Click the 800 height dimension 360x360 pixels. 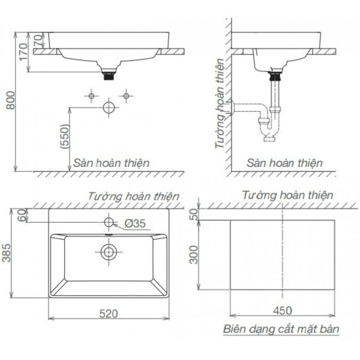tap(11, 100)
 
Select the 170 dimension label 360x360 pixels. tap(23, 52)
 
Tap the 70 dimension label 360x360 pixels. tap(39, 40)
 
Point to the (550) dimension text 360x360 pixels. tap(65, 136)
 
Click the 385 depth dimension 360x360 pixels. tap(6, 253)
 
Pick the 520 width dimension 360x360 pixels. tap(109, 314)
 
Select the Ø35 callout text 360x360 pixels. tap(135, 223)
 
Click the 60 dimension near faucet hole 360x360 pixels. tap(22, 215)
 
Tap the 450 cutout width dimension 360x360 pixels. tap(283, 311)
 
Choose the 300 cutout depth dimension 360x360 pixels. tap(194, 254)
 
